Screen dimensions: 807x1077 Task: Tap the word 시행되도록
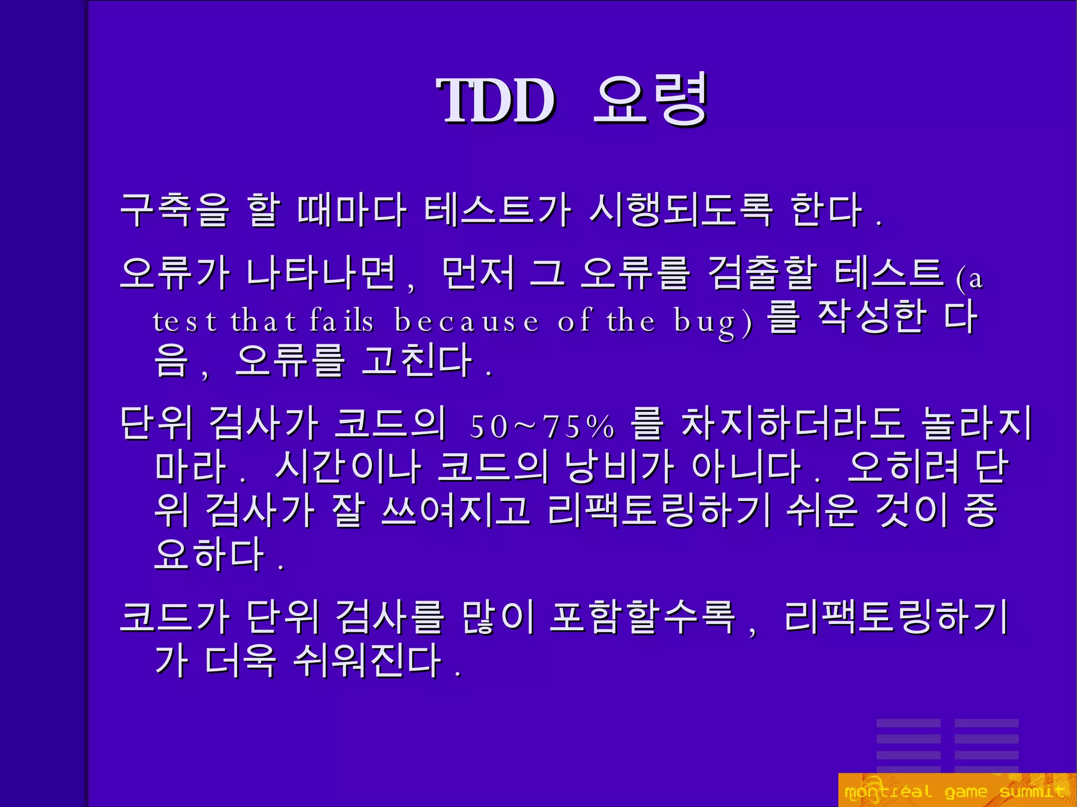point(681,210)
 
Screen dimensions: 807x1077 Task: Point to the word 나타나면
point(321,273)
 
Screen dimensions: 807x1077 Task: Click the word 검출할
point(763,273)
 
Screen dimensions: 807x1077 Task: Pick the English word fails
point(342,321)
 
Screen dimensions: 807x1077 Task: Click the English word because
point(467,321)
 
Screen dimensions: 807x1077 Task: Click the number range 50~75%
point(542,426)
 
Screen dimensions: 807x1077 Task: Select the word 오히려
point(902,467)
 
